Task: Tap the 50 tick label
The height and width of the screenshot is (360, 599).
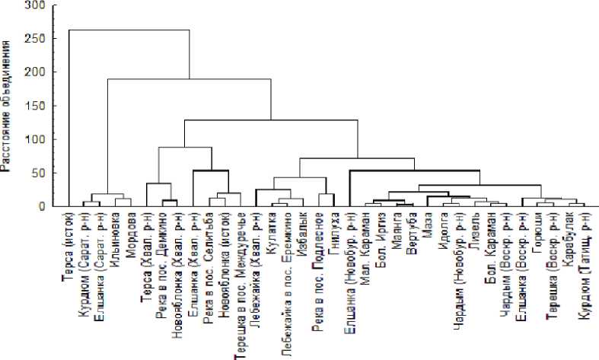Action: click(40, 173)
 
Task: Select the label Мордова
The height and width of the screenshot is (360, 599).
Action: click(130, 235)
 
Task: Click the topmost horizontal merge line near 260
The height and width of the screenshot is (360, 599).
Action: click(129, 30)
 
